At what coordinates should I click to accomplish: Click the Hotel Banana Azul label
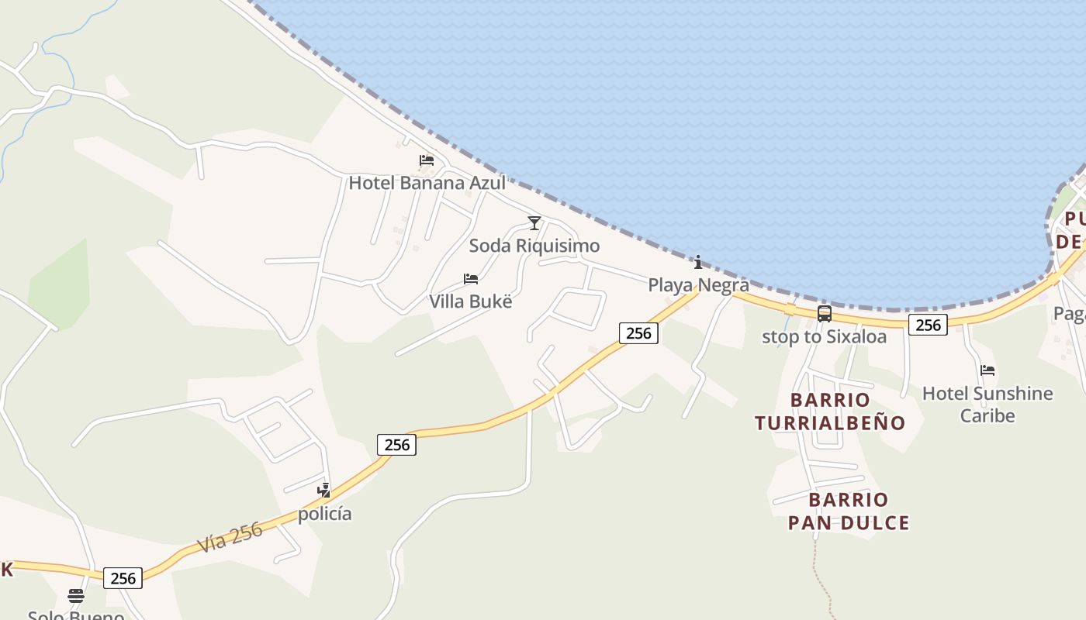[427, 183]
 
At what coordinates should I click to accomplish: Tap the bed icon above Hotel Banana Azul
[426, 161]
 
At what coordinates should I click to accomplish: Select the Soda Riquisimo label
[534, 246]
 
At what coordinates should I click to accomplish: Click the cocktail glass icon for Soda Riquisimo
[534, 223]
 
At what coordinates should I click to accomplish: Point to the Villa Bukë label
[471, 301]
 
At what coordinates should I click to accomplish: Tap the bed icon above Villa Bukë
[471, 279]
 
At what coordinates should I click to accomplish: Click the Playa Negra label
[698, 284]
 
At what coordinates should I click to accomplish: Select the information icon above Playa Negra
[698, 262]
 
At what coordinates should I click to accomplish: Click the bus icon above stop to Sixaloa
[825, 314]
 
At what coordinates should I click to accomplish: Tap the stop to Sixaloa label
[824, 336]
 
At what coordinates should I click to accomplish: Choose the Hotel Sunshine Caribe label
[987, 404]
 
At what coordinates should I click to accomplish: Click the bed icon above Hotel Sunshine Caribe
[987, 370]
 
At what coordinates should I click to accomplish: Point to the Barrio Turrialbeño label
[830, 412]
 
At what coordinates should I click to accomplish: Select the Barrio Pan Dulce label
[849, 511]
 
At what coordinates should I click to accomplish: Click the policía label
[325, 513]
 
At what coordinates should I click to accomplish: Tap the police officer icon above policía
[324, 490]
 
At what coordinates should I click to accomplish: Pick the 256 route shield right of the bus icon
[928, 325]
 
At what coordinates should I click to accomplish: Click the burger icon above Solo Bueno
[75, 596]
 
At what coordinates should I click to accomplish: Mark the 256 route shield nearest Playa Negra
[638, 333]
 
